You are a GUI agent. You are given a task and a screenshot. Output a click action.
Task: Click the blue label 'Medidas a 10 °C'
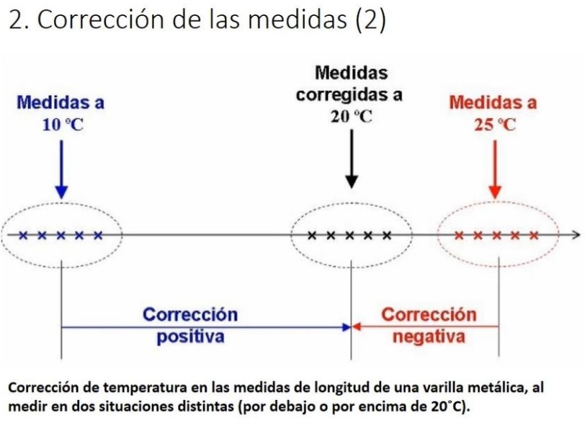pyautogui.click(x=61, y=113)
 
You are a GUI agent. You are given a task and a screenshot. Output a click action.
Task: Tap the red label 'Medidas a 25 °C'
pyautogui.click(x=494, y=113)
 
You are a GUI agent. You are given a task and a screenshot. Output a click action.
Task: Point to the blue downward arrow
pyautogui.click(x=61, y=167)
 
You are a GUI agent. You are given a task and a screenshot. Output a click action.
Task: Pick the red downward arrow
pyautogui.click(x=494, y=167)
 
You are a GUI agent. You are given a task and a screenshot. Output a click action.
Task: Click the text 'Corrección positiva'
pyautogui.click(x=190, y=326)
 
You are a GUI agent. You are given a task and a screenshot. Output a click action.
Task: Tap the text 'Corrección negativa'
pyautogui.click(x=429, y=326)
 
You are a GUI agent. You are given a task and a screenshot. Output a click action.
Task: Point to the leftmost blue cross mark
pyautogui.click(x=23, y=235)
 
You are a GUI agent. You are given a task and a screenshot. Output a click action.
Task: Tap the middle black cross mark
pyautogui.click(x=349, y=235)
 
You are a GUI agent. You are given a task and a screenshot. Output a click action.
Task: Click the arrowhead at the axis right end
pyautogui.click(x=574, y=234)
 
